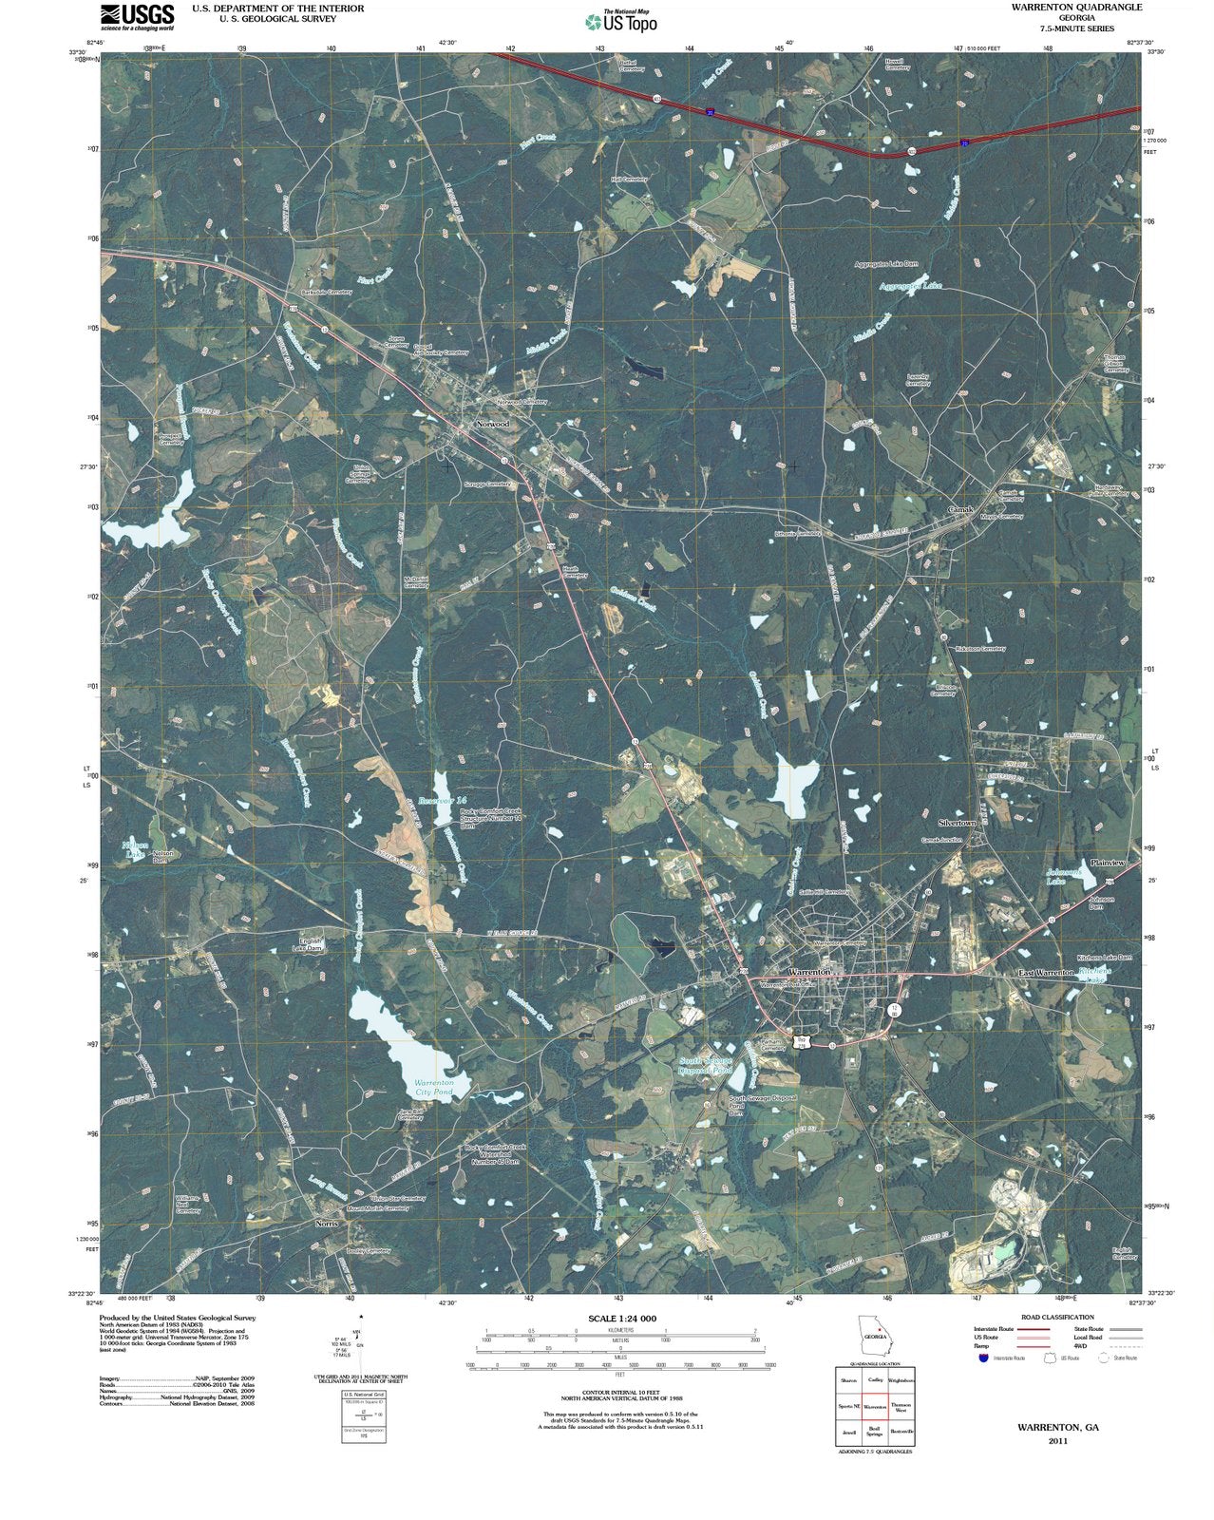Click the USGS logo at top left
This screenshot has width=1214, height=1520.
[137, 17]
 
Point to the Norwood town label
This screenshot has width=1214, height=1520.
[493, 424]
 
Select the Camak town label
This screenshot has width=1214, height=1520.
[960, 510]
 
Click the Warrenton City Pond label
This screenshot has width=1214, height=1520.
[434, 1088]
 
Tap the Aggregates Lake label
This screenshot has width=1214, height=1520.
[910, 286]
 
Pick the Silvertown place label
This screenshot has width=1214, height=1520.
[957, 823]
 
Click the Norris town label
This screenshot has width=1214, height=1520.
[326, 1224]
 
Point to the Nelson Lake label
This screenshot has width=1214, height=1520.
[136, 848]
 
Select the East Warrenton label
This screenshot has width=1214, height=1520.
[1046, 973]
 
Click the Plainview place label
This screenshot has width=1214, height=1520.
[1108, 863]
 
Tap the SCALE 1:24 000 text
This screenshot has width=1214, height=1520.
[622, 1319]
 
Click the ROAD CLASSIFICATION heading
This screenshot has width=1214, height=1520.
[1057, 1317]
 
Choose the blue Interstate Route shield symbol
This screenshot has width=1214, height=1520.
[983, 1358]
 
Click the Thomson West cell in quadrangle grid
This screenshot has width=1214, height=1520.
[901, 1408]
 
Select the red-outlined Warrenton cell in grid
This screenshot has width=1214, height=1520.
[875, 1407]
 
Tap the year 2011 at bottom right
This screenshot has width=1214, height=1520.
[1057, 1441]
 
